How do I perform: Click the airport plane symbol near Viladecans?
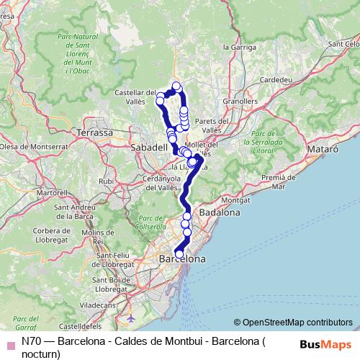(130, 318)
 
